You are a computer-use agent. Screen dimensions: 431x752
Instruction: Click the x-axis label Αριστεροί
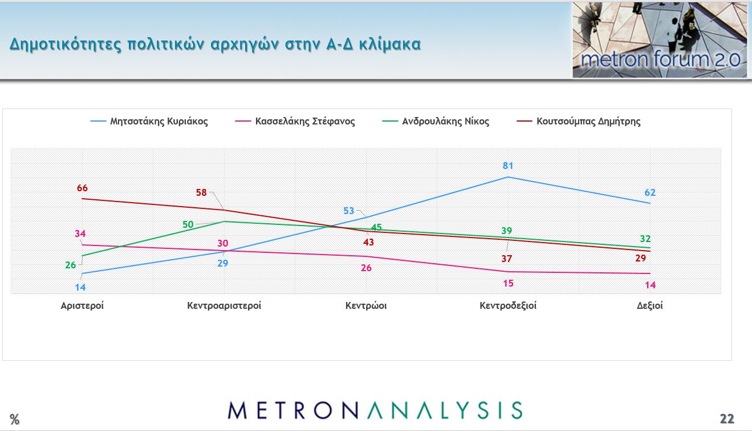pyautogui.click(x=83, y=305)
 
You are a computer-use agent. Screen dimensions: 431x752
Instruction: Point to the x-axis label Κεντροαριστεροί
pyautogui.click(x=224, y=305)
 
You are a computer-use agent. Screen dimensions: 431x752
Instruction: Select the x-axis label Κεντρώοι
pyautogui.click(x=366, y=305)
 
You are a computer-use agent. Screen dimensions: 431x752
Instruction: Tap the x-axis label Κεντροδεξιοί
pyautogui.click(x=508, y=305)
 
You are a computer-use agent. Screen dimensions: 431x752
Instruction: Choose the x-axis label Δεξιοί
pyautogui.click(x=650, y=305)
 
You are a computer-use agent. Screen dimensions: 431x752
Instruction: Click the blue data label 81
pyautogui.click(x=508, y=166)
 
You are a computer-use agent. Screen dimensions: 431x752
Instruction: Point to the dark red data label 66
pyautogui.click(x=82, y=188)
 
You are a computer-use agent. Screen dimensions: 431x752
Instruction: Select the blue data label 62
pyautogui.click(x=650, y=192)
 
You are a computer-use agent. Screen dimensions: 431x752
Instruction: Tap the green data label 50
pyautogui.click(x=188, y=224)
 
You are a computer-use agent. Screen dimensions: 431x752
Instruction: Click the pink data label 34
pyautogui.click(x=80, y=233)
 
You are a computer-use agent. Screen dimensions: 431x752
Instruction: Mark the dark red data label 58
pyautogui.click(x=201, y=192)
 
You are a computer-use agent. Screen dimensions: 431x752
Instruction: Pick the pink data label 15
pyautogui.click(x=508, y=283)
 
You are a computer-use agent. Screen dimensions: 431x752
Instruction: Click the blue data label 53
pyautogui.click(x=349, y=211)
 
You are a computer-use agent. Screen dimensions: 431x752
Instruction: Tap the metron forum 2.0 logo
pyautogui.click(x=660, y=41)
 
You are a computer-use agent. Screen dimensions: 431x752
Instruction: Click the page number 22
pyautogui.click(x=726, y=418)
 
